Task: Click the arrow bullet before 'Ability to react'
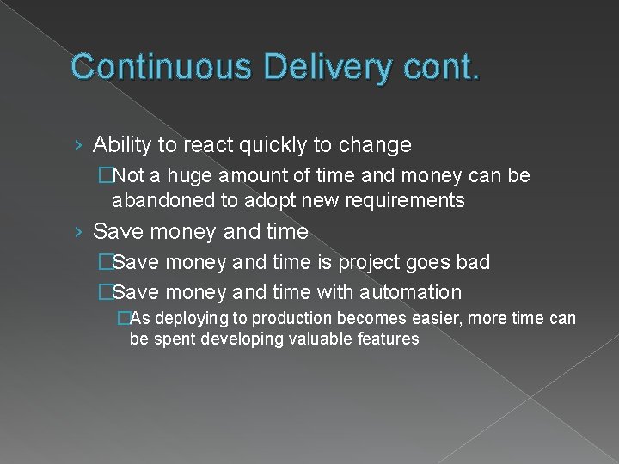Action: point(78,145)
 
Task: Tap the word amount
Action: point(242,176)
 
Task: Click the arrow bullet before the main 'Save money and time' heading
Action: point(78,232)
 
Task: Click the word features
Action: point(386,339)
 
